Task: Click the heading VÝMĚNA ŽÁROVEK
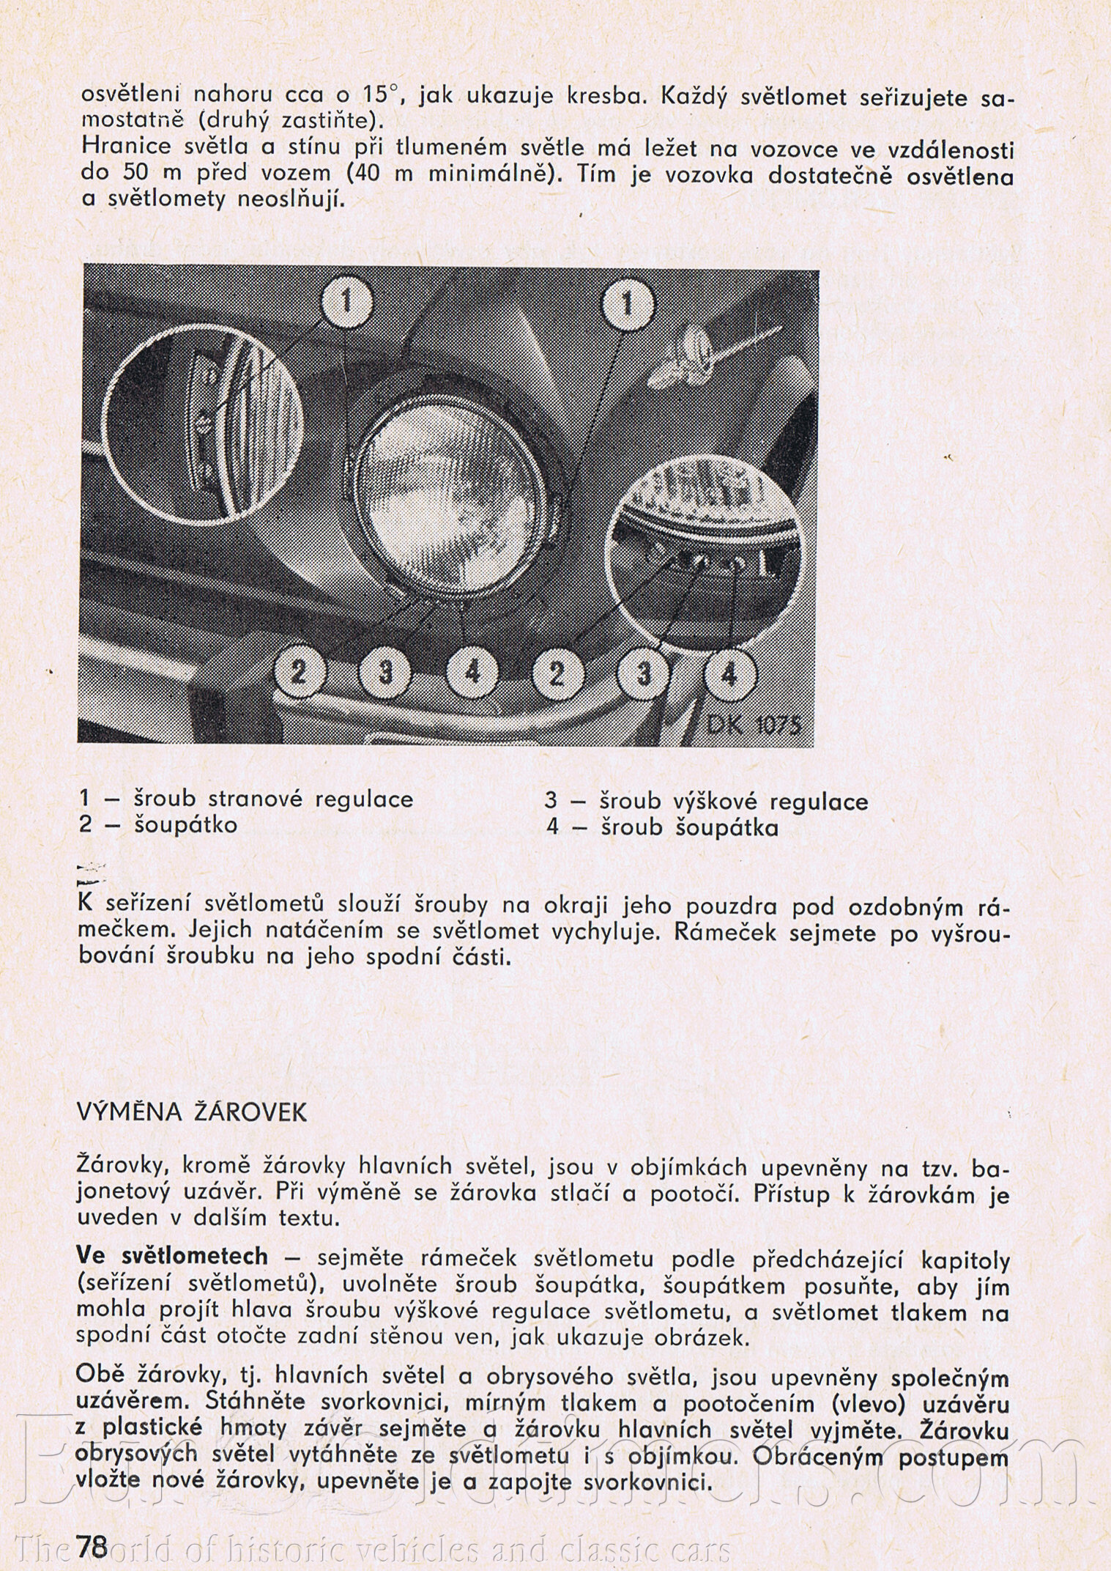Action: click(x=192, y=1113)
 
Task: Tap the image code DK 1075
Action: click(x=754, y=725)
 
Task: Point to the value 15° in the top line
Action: click(x=379, y=95)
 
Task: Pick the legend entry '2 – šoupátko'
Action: click(x=158, y=825)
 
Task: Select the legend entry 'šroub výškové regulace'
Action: click(x=733, y=802)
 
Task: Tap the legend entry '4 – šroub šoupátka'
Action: click(x=662, y=828)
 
